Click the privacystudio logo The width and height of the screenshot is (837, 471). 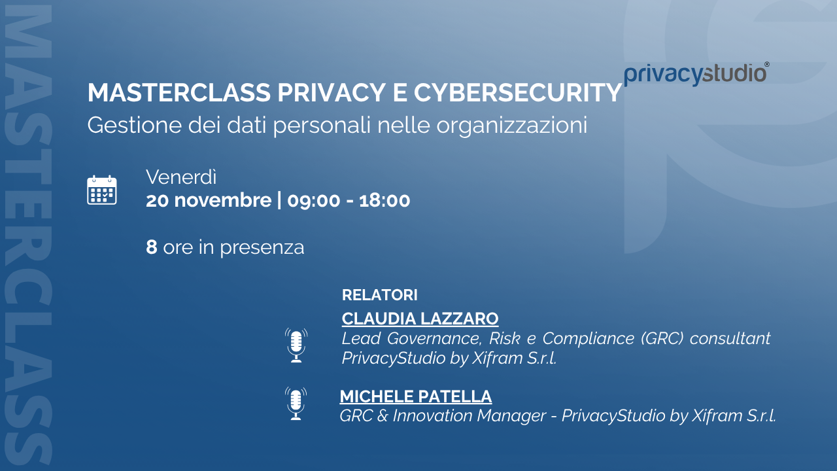(x=696, y=74)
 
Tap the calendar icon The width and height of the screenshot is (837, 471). (x=102, y=190)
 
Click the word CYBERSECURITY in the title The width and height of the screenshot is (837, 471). (x=517, y=92)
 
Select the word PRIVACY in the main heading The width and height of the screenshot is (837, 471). (x=332, y=92)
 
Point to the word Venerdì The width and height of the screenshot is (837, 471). (x=181, y=177)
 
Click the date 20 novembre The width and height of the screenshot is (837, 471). (x=209, y=200)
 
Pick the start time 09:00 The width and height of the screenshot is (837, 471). (x=314, y=201)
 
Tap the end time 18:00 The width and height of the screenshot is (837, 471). (x=384, y=201)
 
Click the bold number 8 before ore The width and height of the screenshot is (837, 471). (x=151, y=247)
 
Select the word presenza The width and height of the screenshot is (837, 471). (x=262, y=248)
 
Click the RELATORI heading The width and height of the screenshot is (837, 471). (x=380, y=295)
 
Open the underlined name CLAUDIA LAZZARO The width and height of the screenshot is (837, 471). (x=420, y=319)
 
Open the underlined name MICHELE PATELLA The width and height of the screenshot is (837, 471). (x=415, y=396)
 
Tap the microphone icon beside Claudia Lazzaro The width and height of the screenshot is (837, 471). (x=296, y=345)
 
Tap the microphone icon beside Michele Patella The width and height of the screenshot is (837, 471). (x=296, y=404)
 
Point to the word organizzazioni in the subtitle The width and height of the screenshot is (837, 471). (x=512, y=125)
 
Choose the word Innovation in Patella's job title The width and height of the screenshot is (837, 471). (x=432, y=415)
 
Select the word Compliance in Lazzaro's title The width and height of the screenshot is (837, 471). (x=588, y=339)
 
